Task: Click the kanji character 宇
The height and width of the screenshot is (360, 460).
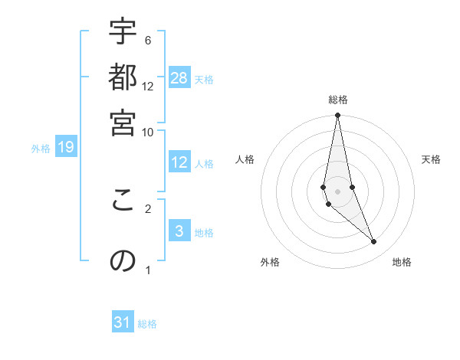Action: click(123, 31)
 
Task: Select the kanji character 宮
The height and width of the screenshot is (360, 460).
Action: click(123, 123)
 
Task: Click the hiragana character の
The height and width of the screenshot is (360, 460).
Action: click(123, 261)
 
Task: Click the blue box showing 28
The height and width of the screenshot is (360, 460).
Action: click(179, 78)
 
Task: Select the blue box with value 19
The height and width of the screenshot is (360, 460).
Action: click(65, 147)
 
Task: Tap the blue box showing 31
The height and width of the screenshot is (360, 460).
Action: click(123, 322)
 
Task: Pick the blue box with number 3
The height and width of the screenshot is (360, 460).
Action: click(179, 231)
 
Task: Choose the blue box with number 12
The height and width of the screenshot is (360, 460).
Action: click(179, 162)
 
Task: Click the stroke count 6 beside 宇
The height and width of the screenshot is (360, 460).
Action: click(148, 40)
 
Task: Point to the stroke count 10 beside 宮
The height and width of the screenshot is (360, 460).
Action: click(148, 132)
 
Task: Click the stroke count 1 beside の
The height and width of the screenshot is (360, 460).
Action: click(148, 270)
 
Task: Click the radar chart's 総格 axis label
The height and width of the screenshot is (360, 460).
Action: click(337, 100)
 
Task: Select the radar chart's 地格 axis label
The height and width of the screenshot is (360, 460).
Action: click(402, 262)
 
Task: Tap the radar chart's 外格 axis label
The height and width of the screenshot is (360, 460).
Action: click(270, 262)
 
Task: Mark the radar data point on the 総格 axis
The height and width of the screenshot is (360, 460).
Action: click(337, 116)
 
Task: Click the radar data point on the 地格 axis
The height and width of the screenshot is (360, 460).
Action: click(373, 242)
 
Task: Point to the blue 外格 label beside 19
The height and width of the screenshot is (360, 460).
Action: click(40, 149)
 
